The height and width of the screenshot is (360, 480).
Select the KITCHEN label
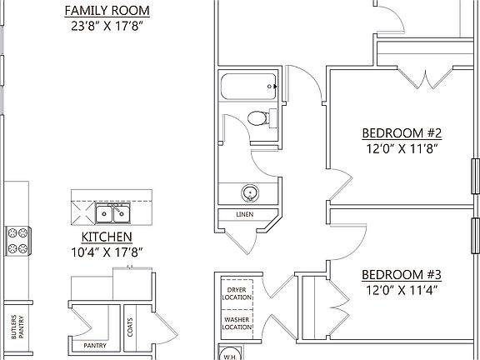coord(105,237)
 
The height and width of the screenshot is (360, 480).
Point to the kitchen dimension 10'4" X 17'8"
coord(105,251)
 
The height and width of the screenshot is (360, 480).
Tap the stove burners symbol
coord(16,240)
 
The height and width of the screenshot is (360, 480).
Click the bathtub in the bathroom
coord(248,86)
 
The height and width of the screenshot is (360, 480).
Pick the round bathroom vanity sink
coord(248,193)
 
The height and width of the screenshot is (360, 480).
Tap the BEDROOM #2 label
coord(401,133)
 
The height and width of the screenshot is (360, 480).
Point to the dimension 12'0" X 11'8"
coord(401,148)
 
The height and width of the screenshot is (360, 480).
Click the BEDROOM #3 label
coord(401,275)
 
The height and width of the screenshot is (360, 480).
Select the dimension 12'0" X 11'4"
coord(401,290)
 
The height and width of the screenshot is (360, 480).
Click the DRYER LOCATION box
coord(237,293)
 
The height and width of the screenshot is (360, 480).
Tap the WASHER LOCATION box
coord(237,322)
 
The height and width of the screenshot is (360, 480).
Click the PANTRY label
coord(89,345)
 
